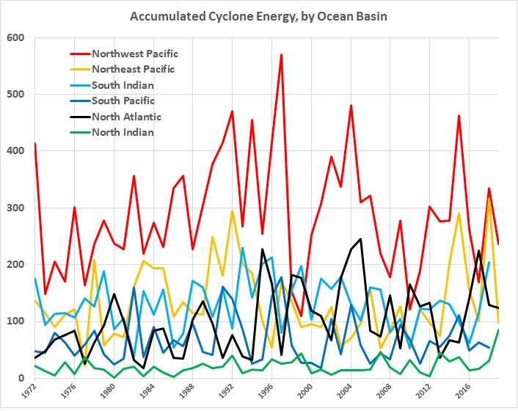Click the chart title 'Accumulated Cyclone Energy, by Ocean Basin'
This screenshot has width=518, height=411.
point(259,15)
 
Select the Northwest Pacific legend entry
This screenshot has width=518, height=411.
point(135,54)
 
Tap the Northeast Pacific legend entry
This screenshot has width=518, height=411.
point(134,69)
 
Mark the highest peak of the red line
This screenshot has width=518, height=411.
point(281,54)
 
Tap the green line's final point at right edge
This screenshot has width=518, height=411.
point(499,330)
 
